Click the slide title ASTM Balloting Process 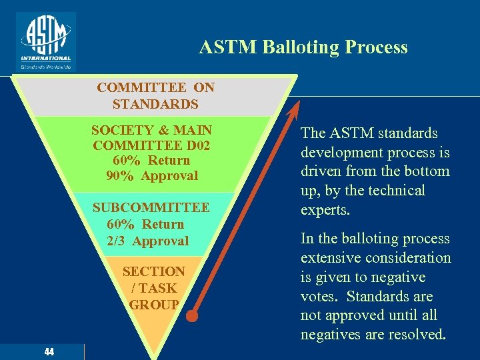tap(303, 47)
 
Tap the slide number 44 tap(49, 352)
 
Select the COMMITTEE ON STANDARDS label tap(155, 96)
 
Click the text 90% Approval tap(152, 176)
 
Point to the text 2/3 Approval tap(148, 241)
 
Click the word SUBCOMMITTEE tap(151, 208)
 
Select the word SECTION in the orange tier tap(153, 272)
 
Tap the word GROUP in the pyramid tap(154, 305)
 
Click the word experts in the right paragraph tap(326, 210)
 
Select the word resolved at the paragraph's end tap(411, 335)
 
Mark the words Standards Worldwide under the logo tap(46, 67)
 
